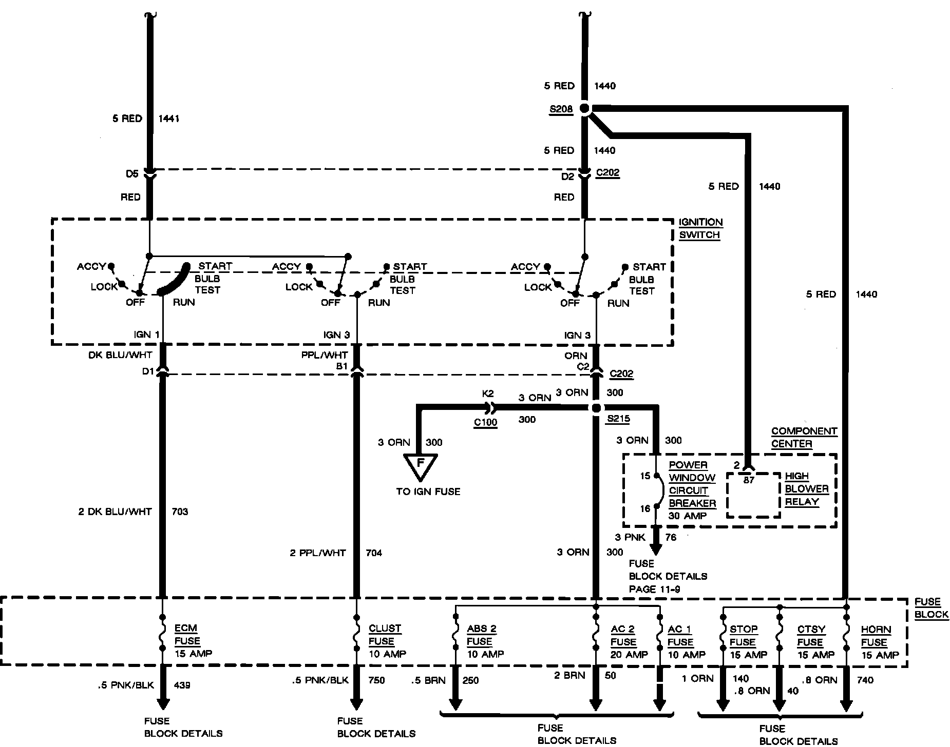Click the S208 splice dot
[584, 108]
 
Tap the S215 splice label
[618, 418]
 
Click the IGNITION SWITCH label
[700, 228]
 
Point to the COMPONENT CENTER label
[804, 437]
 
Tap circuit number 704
[373, 553]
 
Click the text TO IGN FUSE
[428, 492]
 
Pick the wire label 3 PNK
[630, 538]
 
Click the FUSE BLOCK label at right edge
[927, 608]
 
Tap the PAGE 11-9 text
[654, 589]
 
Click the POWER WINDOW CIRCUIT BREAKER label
[691, 490]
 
